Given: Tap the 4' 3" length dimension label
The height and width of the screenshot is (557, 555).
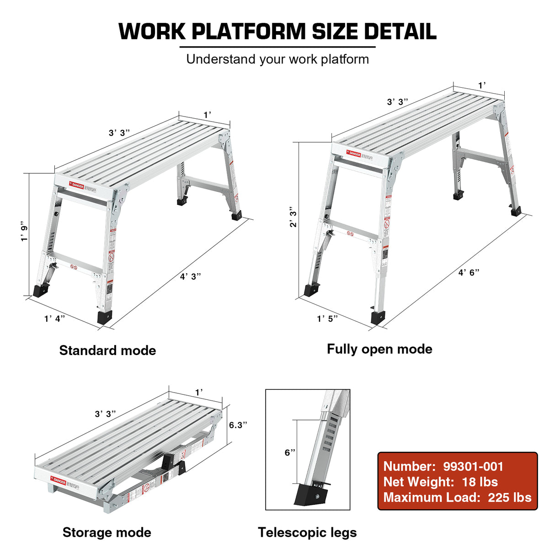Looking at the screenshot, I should click(x=190, y=276).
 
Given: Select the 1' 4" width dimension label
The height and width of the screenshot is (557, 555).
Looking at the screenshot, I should click(x=54, y=318).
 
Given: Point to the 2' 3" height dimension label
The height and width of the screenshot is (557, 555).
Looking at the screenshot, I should click(x=293, y=217).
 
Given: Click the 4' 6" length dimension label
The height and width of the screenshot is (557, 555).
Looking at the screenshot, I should click(x=469, y=272).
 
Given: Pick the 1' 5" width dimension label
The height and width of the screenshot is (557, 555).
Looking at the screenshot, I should click(x=327, y=318).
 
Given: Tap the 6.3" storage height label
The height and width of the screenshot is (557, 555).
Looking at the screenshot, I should click(x=238, y=425).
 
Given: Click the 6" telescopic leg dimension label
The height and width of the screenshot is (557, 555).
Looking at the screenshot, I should click(x=290, y=452).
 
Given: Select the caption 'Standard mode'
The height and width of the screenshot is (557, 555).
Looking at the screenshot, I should click(x=107, y=350).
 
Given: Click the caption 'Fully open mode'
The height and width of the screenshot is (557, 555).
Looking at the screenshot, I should click(x=379, y=349).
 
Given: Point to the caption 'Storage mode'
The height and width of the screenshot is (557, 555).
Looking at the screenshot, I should click(x=107, y=532).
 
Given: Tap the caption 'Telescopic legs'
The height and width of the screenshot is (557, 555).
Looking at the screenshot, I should click(x=307, y=532).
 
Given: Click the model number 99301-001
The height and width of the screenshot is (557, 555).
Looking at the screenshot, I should click(x=473, y=467).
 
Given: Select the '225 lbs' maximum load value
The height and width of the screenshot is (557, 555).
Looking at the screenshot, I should click(x=509, y=498).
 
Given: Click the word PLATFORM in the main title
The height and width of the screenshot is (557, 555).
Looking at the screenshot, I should click(x=248, y=32).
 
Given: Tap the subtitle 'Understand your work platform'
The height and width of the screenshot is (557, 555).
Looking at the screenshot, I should click(x=277, y=59).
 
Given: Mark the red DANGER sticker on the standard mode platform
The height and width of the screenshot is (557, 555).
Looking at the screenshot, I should click(x=77, y=185).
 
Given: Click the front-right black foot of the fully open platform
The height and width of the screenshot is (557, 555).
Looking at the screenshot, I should click(x=378, y=317).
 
